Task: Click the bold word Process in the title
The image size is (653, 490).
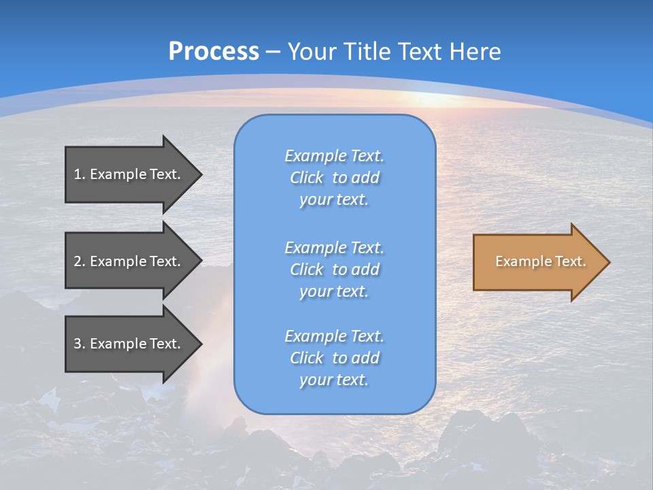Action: click(x=214, y=52)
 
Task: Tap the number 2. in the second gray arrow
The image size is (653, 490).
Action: click(x=79, y=261)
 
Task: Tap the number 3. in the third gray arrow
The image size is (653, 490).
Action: click(x=79, y=344)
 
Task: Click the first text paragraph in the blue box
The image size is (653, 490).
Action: click(x=334, y=178)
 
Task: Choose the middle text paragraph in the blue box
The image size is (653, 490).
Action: click(x=334, y=269)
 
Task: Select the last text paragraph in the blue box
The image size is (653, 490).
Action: click(x=334, y=358)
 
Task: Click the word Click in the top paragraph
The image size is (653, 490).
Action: click(x=306, y=178)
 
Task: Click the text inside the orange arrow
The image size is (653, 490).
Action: click(x=540, y=261)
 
